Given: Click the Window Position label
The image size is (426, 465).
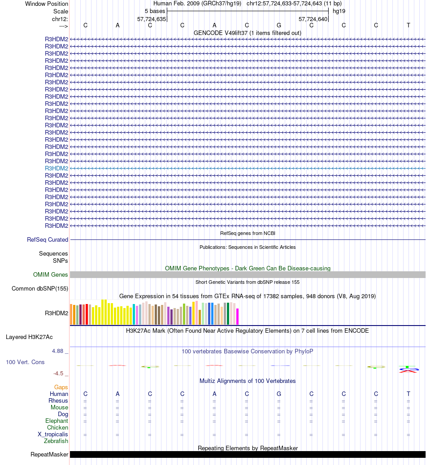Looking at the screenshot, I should click(x=47, y=4).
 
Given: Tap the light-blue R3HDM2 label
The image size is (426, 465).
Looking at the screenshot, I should click(x=57, y=168).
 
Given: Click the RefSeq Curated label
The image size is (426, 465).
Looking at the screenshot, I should click(x=48, y=240).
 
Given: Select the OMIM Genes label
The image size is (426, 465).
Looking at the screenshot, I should click(x=51, y=275).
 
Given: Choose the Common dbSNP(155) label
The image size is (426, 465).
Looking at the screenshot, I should click(x=40, y=289).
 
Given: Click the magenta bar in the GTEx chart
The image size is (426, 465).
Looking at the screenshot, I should click(x=238, y=316).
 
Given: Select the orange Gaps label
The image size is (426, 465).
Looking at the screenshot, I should click(x=61, y=387).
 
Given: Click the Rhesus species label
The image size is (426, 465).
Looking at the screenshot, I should click(x=58, y=401).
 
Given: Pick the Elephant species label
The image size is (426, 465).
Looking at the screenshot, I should click(x=57, y=421).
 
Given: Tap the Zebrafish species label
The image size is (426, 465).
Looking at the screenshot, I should click(x=56, y=441).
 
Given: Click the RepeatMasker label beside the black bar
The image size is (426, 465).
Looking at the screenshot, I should click(x=49, y=455).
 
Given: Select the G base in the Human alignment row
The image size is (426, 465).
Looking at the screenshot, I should click(x=279, y=394).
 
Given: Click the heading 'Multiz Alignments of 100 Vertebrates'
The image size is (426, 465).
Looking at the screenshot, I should click(x=248, y=381).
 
